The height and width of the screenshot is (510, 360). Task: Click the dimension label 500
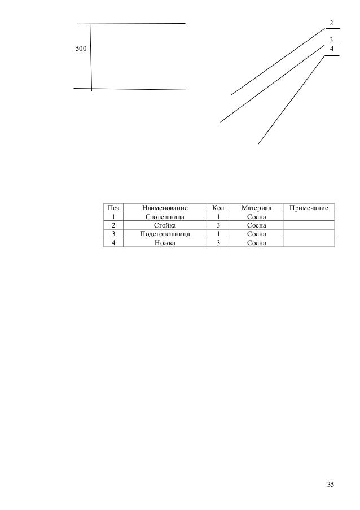pos(81,50)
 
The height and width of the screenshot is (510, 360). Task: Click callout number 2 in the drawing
pos(331,23)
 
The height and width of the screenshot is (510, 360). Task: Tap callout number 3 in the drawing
pos(331,40)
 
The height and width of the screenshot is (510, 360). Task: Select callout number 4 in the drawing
pos(332,49)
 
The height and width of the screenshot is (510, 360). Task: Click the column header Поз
pos(113,208)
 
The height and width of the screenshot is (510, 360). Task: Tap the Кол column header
pos(217,208)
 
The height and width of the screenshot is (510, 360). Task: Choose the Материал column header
pos(256,208)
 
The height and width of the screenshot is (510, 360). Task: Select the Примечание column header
pos(309,208)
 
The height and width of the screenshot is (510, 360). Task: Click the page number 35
pos(331,485)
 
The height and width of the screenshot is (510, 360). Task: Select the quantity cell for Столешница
pos(217,216)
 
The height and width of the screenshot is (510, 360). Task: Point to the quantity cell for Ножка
pos(217,242)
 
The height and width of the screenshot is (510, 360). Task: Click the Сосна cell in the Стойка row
pos(256,225)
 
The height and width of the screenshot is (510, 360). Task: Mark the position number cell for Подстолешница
pos(113,233)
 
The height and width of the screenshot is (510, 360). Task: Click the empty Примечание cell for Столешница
pos(309,216)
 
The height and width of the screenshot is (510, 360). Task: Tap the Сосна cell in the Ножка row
pos(256,242)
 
